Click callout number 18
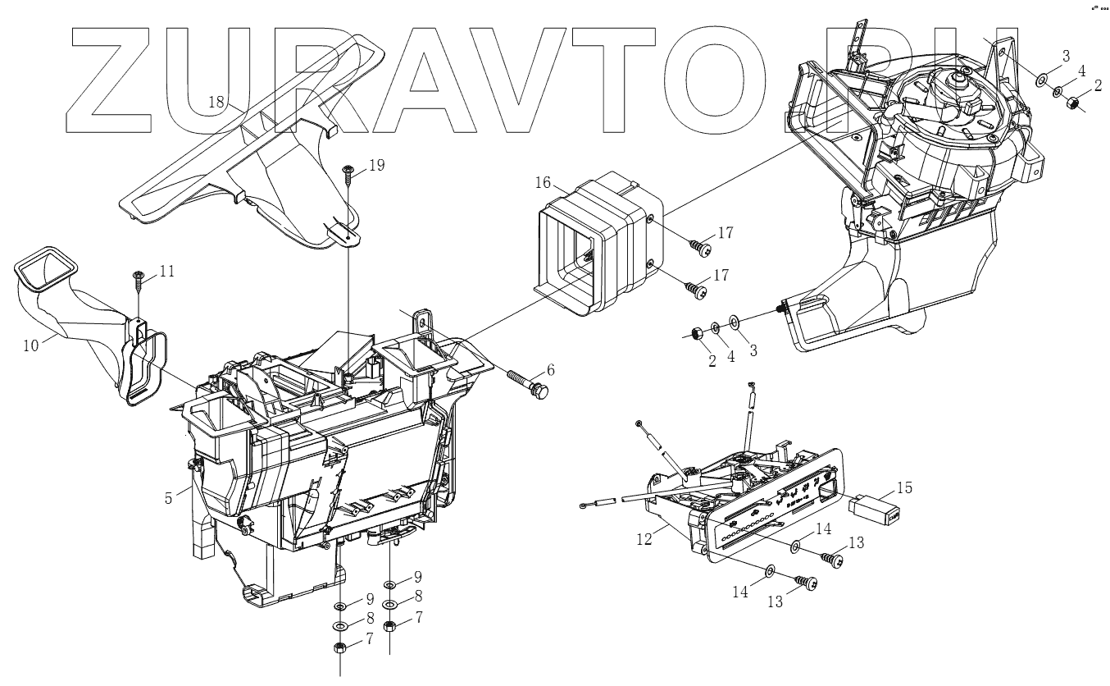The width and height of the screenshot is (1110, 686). (x=216, y=102)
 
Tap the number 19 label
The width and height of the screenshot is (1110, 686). (x=376, y=166)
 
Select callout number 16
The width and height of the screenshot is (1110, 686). (x=543, y=182)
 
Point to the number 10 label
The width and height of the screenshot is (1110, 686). (x=30, y=345)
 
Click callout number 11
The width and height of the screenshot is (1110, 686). (x=167, y=270)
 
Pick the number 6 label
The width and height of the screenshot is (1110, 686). (x=551, y=370)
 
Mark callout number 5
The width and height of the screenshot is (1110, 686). (x=169, y=497)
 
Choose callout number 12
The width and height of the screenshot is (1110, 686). (x=644, y=539)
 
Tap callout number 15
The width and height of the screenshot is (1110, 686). (x=904, y=488)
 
